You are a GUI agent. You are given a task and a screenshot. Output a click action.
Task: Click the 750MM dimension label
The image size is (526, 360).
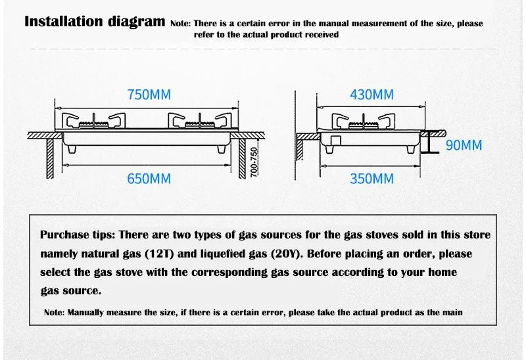(x=149, y=95)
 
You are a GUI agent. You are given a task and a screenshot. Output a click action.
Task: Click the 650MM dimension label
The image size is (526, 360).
(x=149, y=178)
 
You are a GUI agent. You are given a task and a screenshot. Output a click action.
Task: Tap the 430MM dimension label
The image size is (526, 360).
(x=371, y=95)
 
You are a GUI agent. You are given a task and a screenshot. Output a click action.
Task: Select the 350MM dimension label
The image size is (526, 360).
(x=371, y=178)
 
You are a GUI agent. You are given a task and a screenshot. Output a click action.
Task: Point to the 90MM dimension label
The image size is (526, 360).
(x=464, y=145)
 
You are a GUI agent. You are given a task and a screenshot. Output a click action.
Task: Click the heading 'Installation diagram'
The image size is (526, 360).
(x=95, y=22)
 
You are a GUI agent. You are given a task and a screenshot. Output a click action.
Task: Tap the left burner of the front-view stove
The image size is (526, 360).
(x=93, y=122)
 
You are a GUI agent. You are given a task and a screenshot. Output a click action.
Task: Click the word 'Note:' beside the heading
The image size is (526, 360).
(x=180, y=24)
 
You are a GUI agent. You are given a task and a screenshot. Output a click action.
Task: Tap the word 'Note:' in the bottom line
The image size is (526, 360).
(x=55, y=312)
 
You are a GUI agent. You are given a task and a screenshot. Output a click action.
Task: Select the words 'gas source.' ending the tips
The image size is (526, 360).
(x=70, y=290)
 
